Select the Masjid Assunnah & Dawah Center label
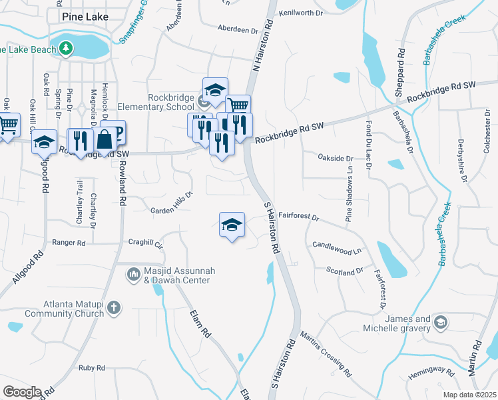click(176, 276)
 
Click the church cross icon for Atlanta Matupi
click(114, 308)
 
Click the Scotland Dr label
click(345, 271)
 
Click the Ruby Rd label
click(92, 368)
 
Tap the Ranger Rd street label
click(69, 243)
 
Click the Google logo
click(21, 392)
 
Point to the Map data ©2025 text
click(469, 395)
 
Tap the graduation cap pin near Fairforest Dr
click(232, 225)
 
